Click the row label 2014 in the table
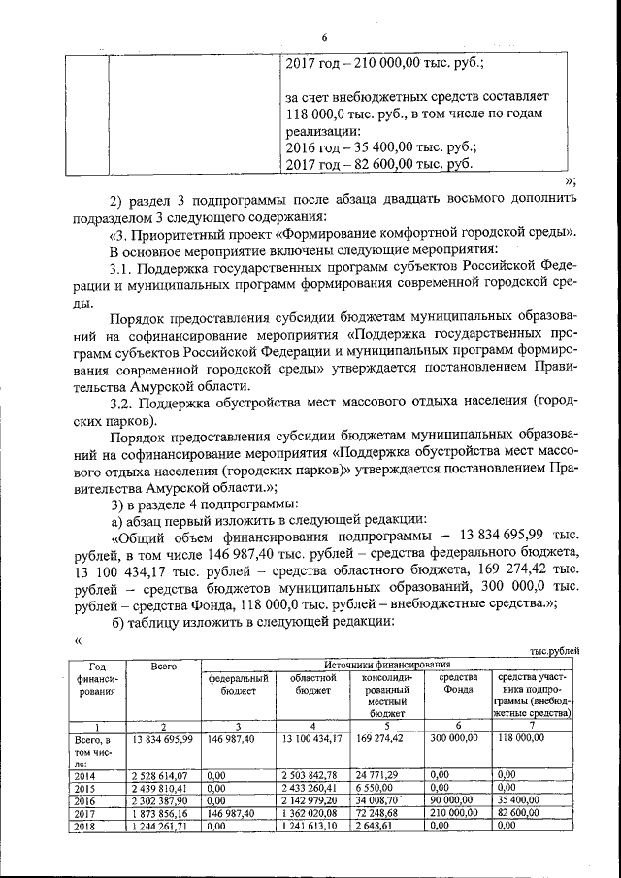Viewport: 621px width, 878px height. coord(85,774)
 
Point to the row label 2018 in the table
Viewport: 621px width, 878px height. coord(85,826)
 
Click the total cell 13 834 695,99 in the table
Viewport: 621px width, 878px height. coord(163,739)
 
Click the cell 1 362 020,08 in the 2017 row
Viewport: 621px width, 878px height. coord(309,813)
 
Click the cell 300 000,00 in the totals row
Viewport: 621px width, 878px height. coord(454,739)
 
